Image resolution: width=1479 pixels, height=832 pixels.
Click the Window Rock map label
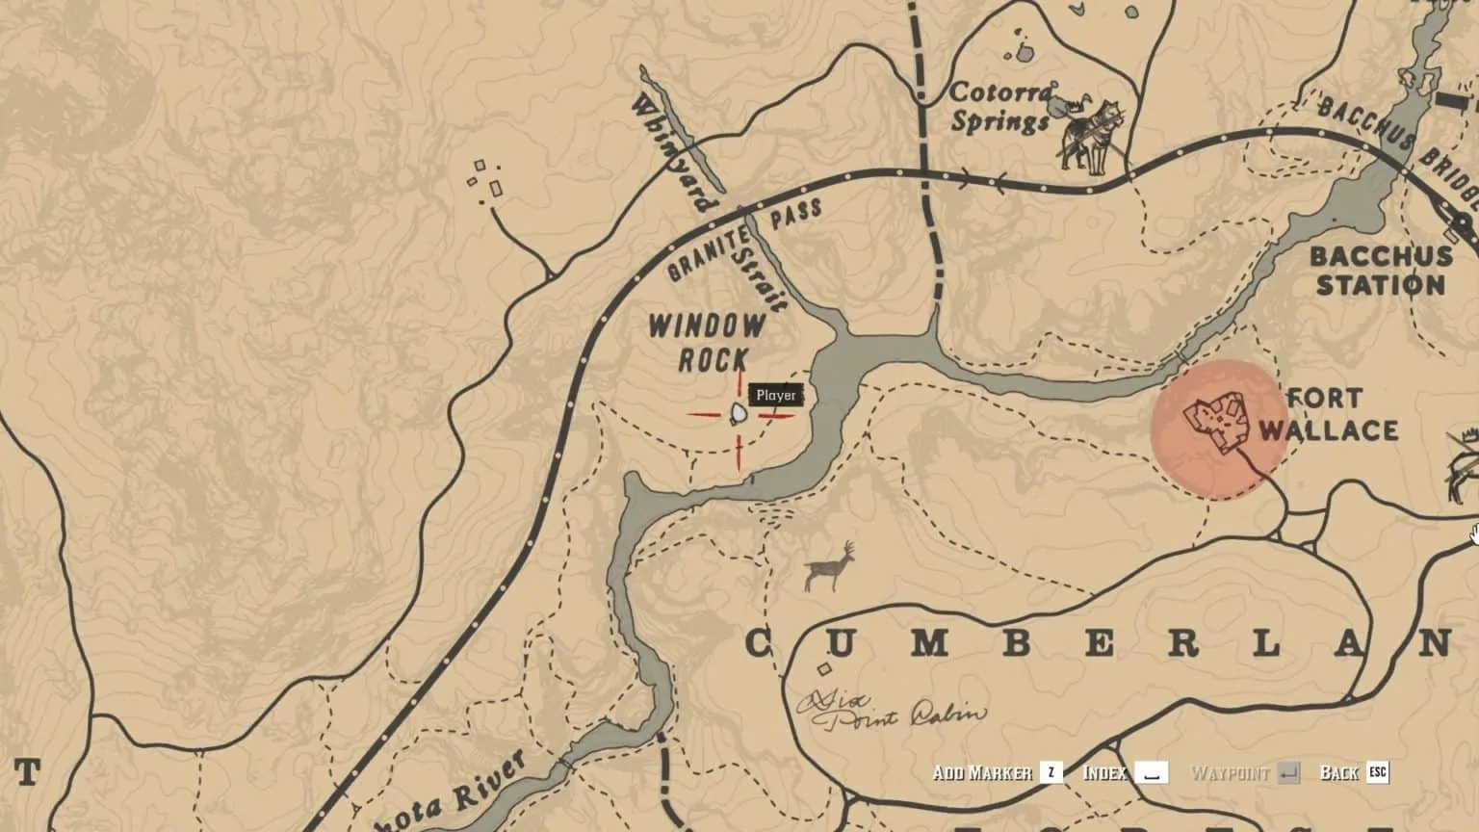pos(707,341)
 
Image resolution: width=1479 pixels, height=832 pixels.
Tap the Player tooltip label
pos(776,395)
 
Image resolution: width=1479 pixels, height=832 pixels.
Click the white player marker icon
pos(739,415)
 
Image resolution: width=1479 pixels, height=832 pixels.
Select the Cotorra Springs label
pos(1000,107)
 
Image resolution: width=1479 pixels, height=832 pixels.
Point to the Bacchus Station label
pos(1381,271)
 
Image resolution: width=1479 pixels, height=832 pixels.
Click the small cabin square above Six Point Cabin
pos(823,669)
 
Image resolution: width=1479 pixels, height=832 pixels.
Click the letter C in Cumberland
pos(760,643)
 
